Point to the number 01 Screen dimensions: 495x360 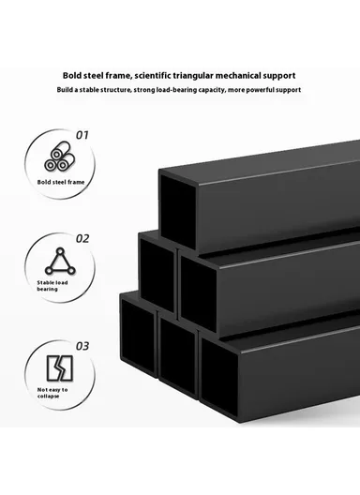coord(82,135)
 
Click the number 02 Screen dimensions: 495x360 coord(82,238)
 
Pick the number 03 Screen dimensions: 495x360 coord(82,346)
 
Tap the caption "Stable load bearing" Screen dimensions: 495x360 coord(52,285)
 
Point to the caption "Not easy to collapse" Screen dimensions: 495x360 coord(52,393)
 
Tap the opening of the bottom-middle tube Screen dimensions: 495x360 coord(176,355)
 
